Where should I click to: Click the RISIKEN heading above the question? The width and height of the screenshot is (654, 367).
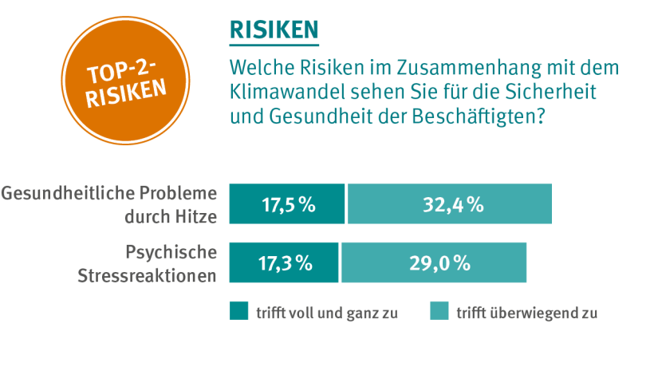[274, 30]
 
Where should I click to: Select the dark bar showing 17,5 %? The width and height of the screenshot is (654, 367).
[287, 203]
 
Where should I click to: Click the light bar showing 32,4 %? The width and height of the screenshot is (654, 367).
[449, 203]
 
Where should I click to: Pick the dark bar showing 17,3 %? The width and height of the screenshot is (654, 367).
[284, 262]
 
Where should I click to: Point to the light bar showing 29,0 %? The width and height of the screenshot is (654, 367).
[434, 262]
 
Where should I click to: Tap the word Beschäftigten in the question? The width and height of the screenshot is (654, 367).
[482, 116]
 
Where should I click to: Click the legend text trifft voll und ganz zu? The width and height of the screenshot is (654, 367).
[326, 312]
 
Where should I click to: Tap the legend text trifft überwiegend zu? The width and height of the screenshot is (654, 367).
[526, 312]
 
